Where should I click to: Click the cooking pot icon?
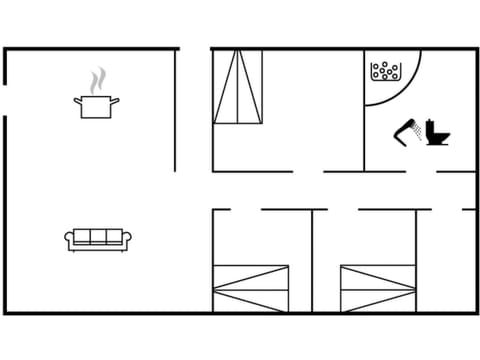click(x=94, y=107)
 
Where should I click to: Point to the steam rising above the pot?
click(x=96, y=80)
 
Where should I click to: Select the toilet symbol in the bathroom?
click(x=435, y=133)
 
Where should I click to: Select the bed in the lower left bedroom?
click(x=251, y=288)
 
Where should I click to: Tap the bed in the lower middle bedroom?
click(x=377, y=288)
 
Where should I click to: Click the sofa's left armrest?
click(x=71, y=240)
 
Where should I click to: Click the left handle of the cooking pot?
click(x=76, y=99)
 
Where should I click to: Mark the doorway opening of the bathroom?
click(x=421, y=171)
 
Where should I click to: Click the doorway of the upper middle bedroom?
click(x=308, y=171)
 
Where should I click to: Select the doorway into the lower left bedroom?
click(x=246, y=209)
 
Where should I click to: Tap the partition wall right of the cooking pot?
click(x=176, y=110)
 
